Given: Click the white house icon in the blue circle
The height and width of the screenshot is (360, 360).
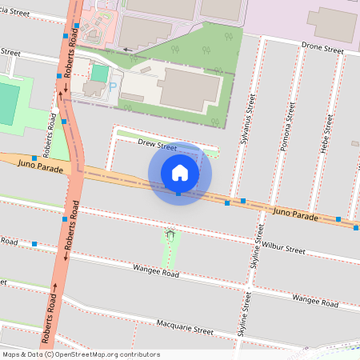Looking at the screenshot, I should coord(180,172).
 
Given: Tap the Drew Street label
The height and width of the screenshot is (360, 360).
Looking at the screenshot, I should coord(157,146).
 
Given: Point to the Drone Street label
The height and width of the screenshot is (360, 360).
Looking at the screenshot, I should coord(322,49).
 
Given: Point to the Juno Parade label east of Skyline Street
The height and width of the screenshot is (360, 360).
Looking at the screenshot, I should coord(295,214).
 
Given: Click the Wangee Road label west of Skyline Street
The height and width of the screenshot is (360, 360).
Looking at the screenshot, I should coord(155,272).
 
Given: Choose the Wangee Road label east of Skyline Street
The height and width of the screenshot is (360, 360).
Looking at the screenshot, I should coord(314,300).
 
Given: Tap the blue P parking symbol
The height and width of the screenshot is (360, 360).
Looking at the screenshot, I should coord(113,86).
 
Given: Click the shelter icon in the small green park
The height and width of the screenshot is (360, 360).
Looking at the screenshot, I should coord(170,234).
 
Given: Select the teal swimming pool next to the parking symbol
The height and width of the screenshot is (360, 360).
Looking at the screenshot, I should coord(99,73).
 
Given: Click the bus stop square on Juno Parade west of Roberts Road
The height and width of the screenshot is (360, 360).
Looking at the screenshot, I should coord(34,158).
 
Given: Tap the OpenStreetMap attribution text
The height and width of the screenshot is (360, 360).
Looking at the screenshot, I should coord(80,354).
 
